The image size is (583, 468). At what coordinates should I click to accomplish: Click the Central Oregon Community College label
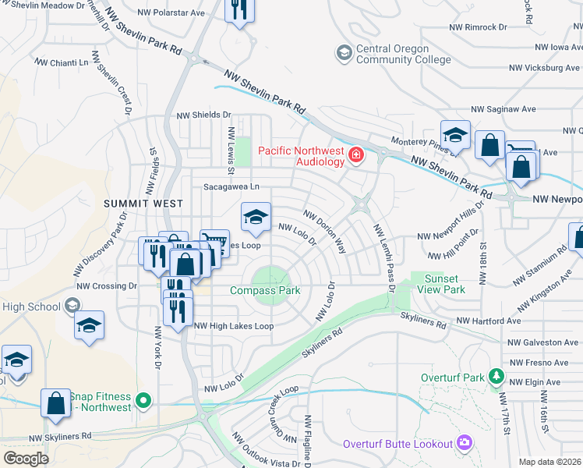403,54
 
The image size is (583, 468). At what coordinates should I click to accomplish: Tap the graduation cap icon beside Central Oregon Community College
343,53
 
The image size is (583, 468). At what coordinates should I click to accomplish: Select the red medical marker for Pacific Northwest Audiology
356,154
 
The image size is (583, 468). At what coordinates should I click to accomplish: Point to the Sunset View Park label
444,284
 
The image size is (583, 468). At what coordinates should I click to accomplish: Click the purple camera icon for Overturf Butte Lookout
465,443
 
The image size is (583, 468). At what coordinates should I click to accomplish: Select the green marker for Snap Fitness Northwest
142,401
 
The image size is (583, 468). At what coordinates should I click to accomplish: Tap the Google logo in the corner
26,458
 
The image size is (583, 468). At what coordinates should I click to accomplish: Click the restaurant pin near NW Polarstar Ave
239,10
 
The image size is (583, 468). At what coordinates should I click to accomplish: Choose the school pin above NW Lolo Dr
256,218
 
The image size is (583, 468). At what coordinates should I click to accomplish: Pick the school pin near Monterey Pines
454,135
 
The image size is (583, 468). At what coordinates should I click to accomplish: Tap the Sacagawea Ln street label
231,187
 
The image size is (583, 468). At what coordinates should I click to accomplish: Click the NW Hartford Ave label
488,321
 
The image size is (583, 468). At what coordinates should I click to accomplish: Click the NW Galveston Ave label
542,342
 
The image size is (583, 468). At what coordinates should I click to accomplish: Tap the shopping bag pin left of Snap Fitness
55,404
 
